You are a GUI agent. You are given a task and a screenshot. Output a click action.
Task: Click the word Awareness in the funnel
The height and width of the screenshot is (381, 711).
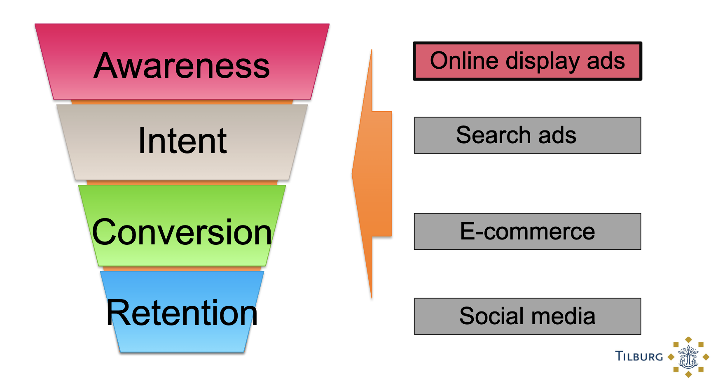[182, 65]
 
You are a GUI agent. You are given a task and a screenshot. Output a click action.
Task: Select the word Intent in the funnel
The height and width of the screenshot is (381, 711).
[182, 141]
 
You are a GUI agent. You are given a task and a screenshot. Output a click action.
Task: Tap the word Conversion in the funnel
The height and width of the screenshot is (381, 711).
[182, 232]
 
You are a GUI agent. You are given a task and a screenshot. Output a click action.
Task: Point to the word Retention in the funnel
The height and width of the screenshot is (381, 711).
[182, 313]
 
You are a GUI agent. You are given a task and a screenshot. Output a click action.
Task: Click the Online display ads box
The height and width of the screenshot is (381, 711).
[527, 61]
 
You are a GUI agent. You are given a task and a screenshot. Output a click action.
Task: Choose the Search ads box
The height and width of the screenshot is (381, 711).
[527, 135]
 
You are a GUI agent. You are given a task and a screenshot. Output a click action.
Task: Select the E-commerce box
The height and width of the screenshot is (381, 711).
[527, 231]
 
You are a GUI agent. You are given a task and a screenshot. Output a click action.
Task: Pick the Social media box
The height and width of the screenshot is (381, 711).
[527, 316]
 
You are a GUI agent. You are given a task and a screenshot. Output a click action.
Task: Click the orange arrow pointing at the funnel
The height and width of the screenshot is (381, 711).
[372, 174]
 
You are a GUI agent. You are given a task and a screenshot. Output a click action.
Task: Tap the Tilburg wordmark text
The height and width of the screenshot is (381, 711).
[639, 356]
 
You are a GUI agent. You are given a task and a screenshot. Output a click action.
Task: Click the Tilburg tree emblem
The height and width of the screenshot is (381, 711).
[688, 357]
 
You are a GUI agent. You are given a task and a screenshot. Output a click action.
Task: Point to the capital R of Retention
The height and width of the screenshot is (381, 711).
[117, 313]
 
